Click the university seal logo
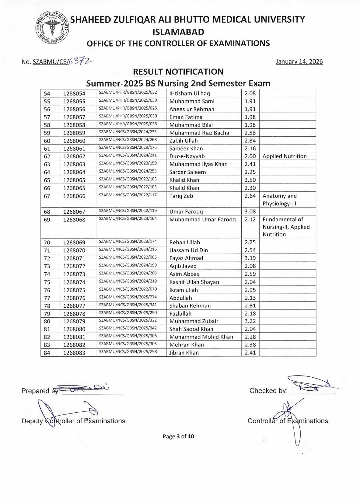51,28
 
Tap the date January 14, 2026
299,62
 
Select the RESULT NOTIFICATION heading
178,72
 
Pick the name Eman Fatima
186,117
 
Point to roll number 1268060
74,141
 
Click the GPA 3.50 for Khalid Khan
250,180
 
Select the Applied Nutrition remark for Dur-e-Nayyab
285,156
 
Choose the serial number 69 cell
47,220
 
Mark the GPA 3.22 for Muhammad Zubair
250,321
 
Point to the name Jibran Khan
184,353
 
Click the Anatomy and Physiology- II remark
280,200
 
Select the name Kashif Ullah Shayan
194,282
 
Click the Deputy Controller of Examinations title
73,421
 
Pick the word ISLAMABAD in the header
178,32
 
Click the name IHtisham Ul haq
190,93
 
